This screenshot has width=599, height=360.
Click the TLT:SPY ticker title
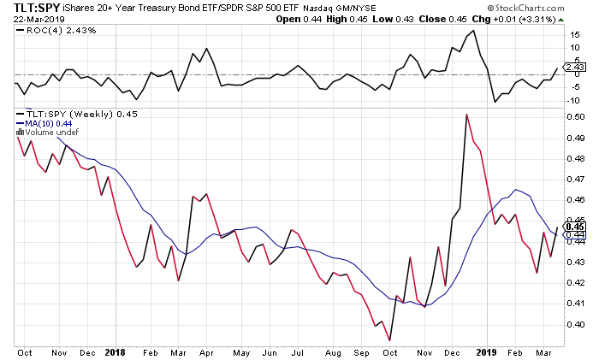click(x=33, y=8)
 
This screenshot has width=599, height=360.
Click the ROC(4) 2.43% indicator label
click(x=53, y=30)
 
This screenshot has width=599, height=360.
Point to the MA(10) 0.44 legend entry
click(x=42, y=124)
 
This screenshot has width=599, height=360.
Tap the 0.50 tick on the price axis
click(x=576, y=117)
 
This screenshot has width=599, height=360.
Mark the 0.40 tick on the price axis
click(x=576, y=324)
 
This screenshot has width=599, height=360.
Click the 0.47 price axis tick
click(x=576, y=180)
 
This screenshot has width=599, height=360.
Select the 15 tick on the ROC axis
click(x=575, y=35)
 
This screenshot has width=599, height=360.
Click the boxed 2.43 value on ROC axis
click(x=576, y=67)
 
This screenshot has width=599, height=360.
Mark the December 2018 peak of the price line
click(x=466, y=114)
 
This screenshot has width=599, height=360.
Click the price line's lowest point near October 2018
click(x=390, y=340)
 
